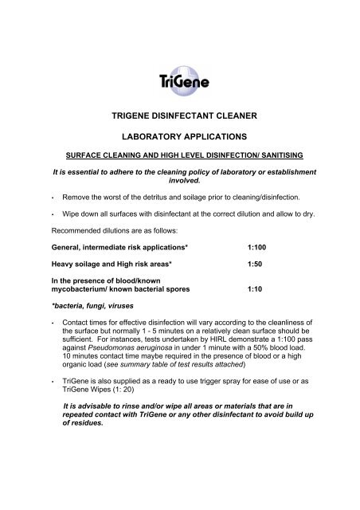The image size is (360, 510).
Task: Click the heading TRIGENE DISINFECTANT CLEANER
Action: point(179,115)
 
